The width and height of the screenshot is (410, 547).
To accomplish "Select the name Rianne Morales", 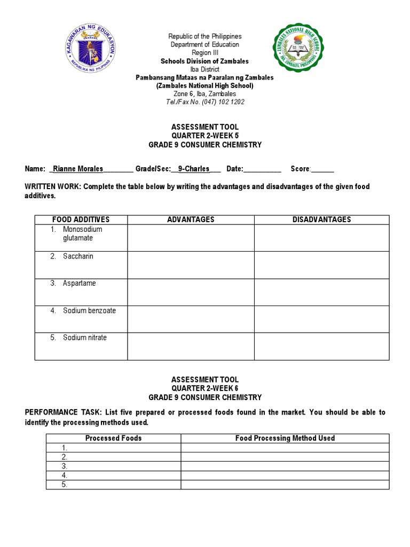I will (78, 169).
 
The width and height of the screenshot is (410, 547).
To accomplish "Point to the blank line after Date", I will (262, 169).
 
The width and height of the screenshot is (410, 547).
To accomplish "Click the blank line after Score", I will (322, 169).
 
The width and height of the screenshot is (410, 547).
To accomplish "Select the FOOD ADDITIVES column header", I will (81, 220).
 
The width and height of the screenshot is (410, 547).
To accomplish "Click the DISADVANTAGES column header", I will (321, 220).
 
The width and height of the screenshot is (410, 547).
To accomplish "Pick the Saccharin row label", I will (78, 256).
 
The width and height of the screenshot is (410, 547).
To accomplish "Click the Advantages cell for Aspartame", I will (191, 292).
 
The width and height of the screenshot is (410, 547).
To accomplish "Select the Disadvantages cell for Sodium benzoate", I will (321, 319).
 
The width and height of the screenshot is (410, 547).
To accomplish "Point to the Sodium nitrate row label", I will (84, 338).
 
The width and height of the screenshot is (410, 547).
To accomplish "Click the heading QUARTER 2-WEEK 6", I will (205, 388).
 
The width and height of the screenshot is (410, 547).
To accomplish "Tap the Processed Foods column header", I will (114, 438).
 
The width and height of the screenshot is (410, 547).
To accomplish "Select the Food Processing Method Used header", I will (285, 438).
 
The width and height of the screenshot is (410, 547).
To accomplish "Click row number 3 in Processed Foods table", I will (64, 466).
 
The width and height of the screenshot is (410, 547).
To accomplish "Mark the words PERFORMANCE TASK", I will (60, 412).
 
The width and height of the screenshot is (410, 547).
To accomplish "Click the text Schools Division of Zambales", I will (205, 61).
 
